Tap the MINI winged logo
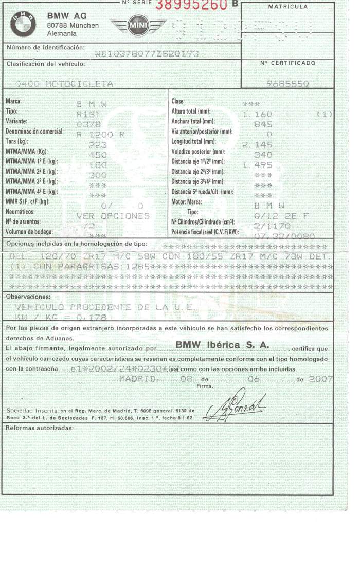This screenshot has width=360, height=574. click(138, 26)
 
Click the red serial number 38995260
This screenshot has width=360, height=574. click(191, 5)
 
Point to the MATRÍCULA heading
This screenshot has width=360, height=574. click(288, 7)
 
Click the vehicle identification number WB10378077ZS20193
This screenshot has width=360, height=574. click(147, 54)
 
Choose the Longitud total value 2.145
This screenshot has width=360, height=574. click(257, 144)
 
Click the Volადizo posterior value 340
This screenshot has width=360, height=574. click(263, 154)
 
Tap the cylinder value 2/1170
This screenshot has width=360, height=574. click(273, 226)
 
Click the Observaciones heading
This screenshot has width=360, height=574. click(28, 297)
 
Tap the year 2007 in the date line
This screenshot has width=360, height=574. click(321, 379)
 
